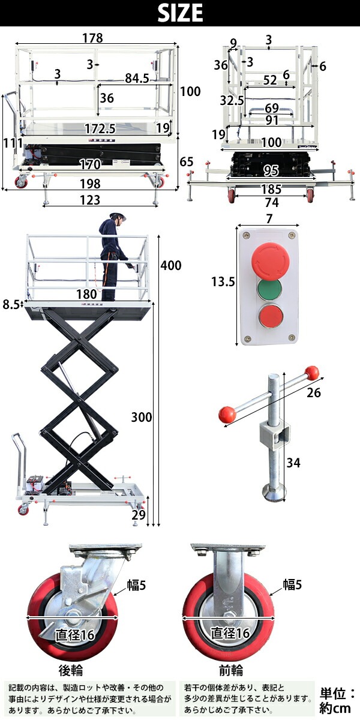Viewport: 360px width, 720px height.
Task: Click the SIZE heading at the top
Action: [181, 13]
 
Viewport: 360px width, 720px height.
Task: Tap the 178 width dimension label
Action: [92, 38]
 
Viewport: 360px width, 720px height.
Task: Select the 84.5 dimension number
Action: [137, 78]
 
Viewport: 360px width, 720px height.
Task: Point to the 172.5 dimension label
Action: [100, 129]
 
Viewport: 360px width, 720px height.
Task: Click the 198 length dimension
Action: [90, 184]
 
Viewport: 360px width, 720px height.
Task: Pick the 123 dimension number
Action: [90, 200]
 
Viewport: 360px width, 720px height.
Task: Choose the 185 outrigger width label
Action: [272, 189]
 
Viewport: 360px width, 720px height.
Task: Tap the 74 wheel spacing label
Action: [272, 203]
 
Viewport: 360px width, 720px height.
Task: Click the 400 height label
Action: [171, 265]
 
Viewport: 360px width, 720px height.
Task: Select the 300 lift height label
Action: [142, 417]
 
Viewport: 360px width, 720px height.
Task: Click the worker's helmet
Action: [118, 215]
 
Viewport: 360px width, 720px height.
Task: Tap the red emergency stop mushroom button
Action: [271, 259]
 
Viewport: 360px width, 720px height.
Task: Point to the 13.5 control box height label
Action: [223, 282]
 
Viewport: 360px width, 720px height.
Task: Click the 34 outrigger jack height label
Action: [293, 463]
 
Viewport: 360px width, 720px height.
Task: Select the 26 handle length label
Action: [313, 392]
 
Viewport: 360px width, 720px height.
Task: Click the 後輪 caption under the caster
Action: [71, 670]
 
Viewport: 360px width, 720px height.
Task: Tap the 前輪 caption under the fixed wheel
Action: [231, 670]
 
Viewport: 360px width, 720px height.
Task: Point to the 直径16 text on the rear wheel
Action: [74, 635]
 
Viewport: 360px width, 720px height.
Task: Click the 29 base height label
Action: [139, 515]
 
